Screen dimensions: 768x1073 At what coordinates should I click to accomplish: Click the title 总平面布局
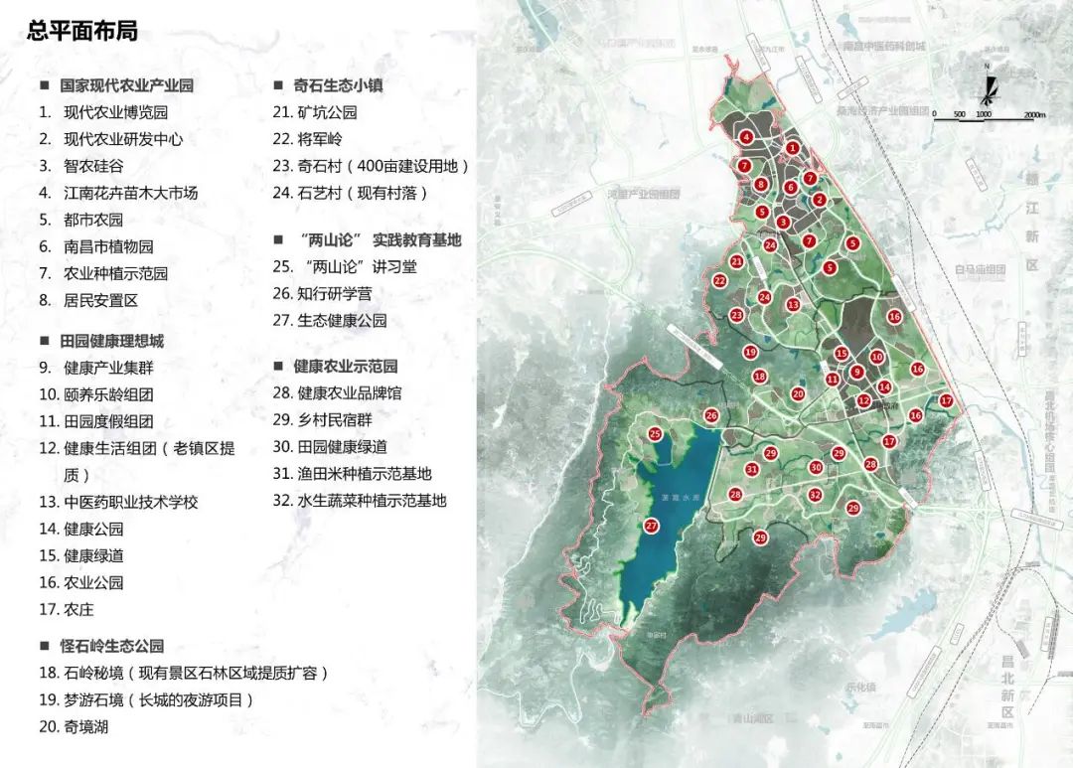click(82, 31)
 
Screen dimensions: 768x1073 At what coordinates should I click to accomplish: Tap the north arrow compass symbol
click(988, 83)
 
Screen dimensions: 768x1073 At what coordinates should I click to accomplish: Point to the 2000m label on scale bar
click(1033, 115)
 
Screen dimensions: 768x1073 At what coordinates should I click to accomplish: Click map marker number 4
click(745, 137)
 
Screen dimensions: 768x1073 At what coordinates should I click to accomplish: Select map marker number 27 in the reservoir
click(652, 526)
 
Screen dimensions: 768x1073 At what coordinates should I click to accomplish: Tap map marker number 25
click(654, 434)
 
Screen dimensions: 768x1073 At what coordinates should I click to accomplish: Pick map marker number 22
click(718, 281)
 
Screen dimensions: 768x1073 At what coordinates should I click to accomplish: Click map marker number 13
click(793, 305)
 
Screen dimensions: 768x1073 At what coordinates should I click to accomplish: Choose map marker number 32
click(815, 495)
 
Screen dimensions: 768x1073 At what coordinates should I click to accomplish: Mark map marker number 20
click(797, 394)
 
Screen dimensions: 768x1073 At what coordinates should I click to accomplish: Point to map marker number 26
click(710, 415)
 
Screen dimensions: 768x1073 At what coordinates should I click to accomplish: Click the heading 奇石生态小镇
click(338, 85)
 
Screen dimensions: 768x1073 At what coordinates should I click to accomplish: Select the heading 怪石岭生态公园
click(111, 646)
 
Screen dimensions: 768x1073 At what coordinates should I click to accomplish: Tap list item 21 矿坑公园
click(316, 112)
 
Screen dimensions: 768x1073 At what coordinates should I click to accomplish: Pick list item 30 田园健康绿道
click(344, 447)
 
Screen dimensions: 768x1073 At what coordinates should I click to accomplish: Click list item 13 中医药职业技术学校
click(119, 502)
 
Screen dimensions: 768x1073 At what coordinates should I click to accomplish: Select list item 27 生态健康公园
click(330, 321)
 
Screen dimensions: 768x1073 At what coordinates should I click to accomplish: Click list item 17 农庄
click(68, 609)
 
